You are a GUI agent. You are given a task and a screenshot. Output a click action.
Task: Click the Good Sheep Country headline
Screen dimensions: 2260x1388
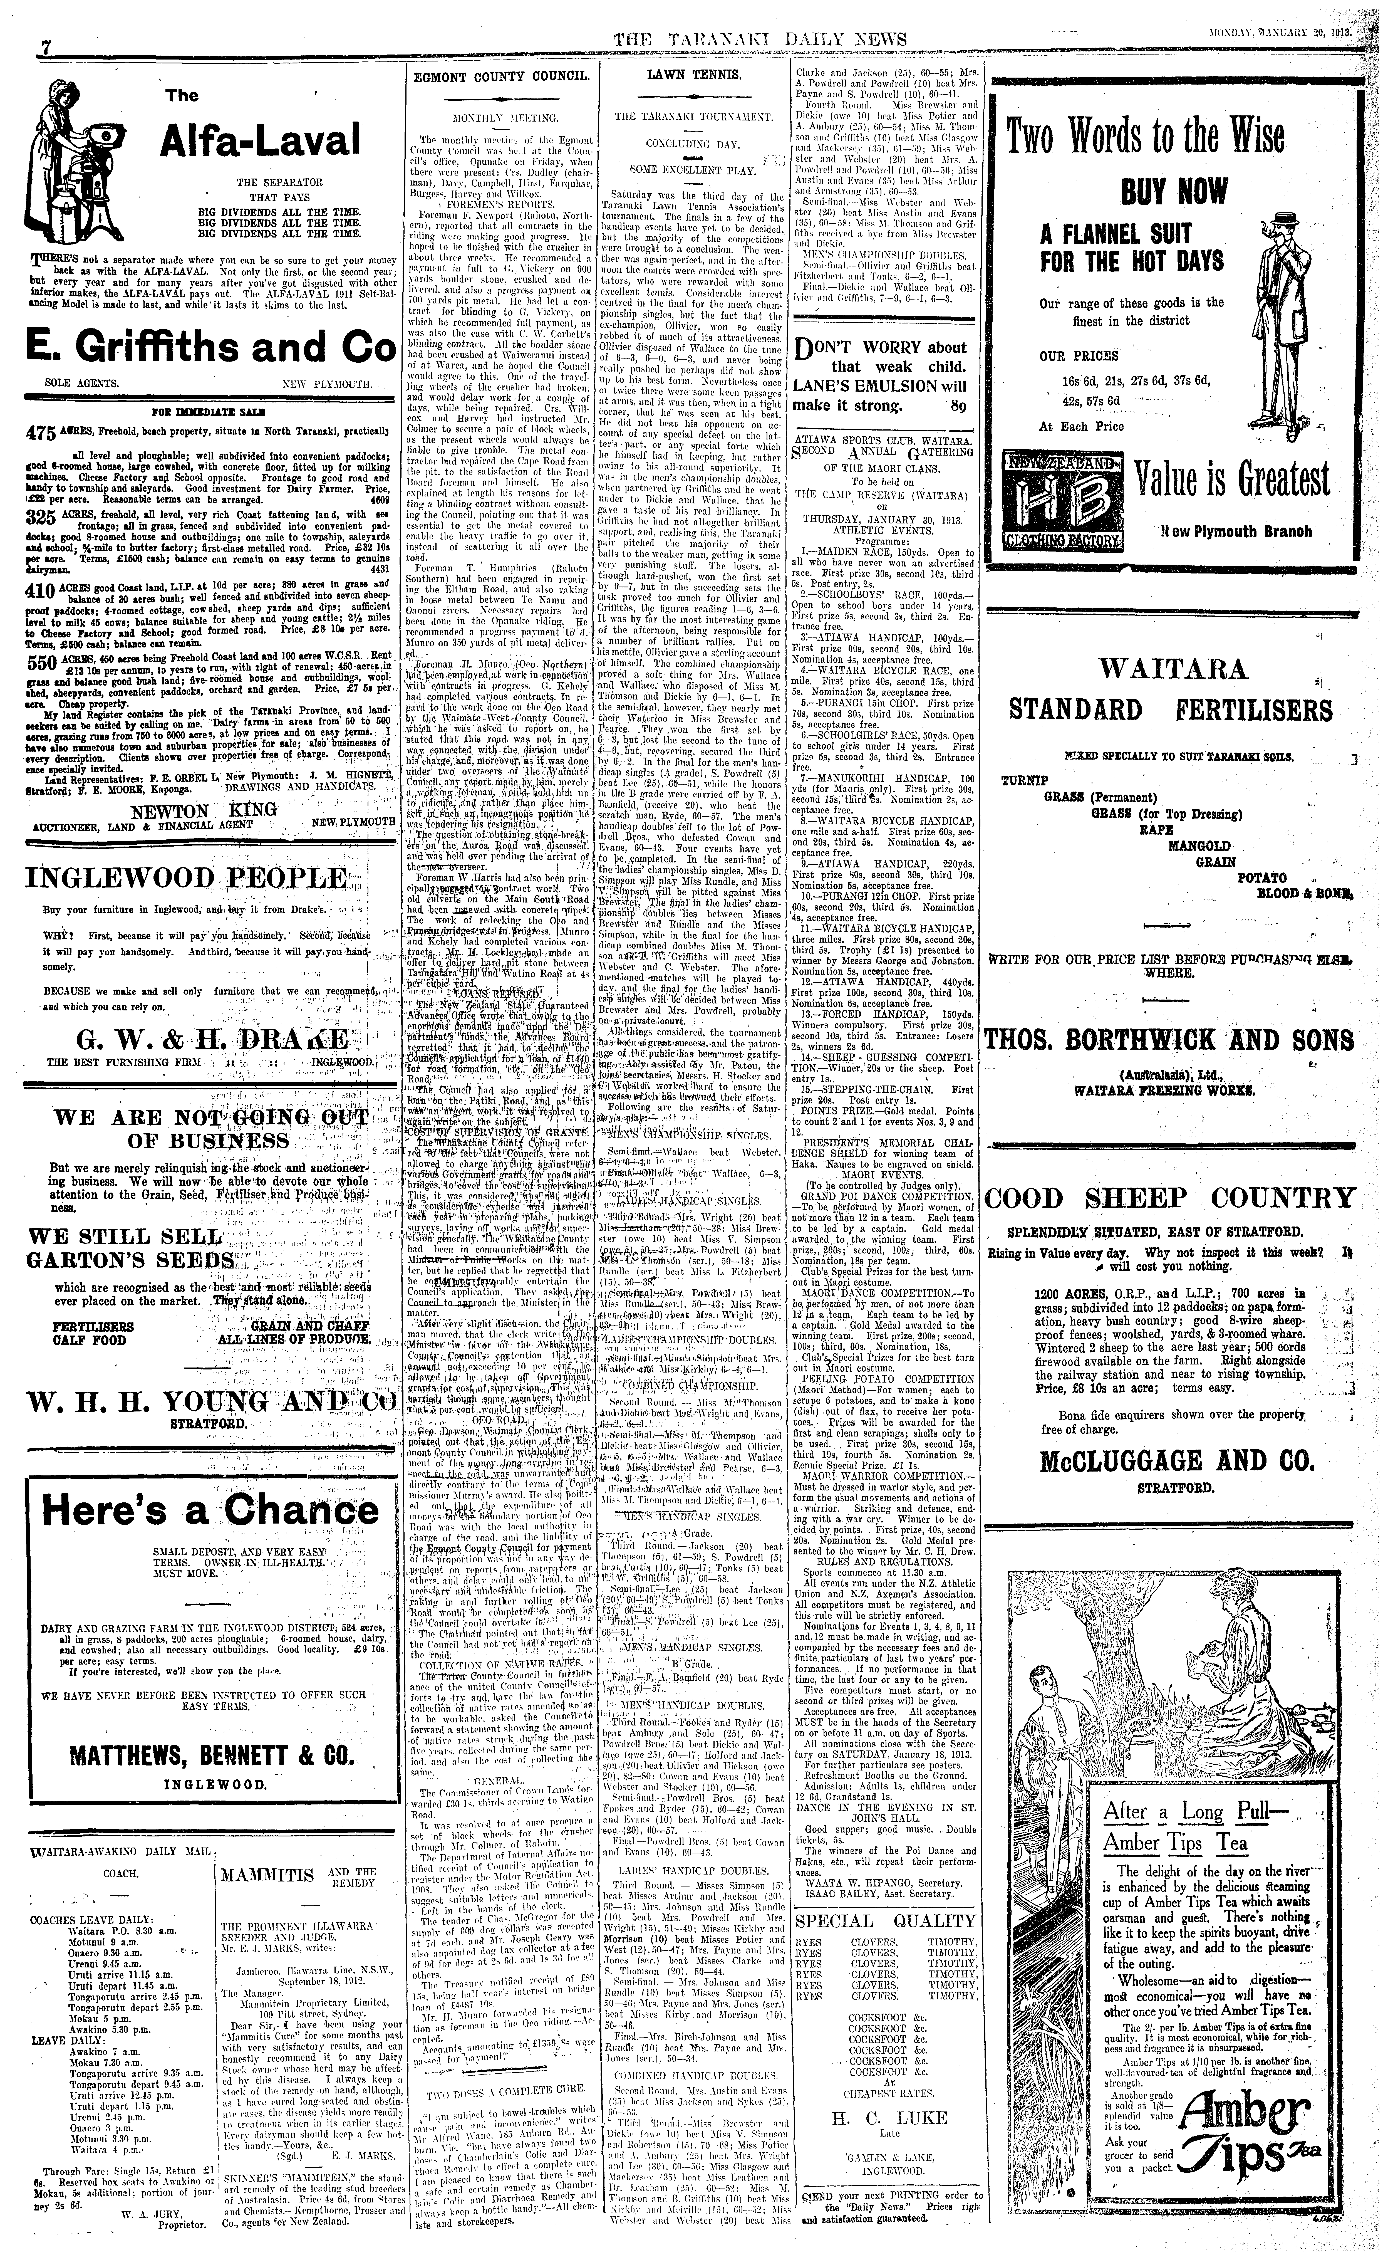tap(1169, 1198)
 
